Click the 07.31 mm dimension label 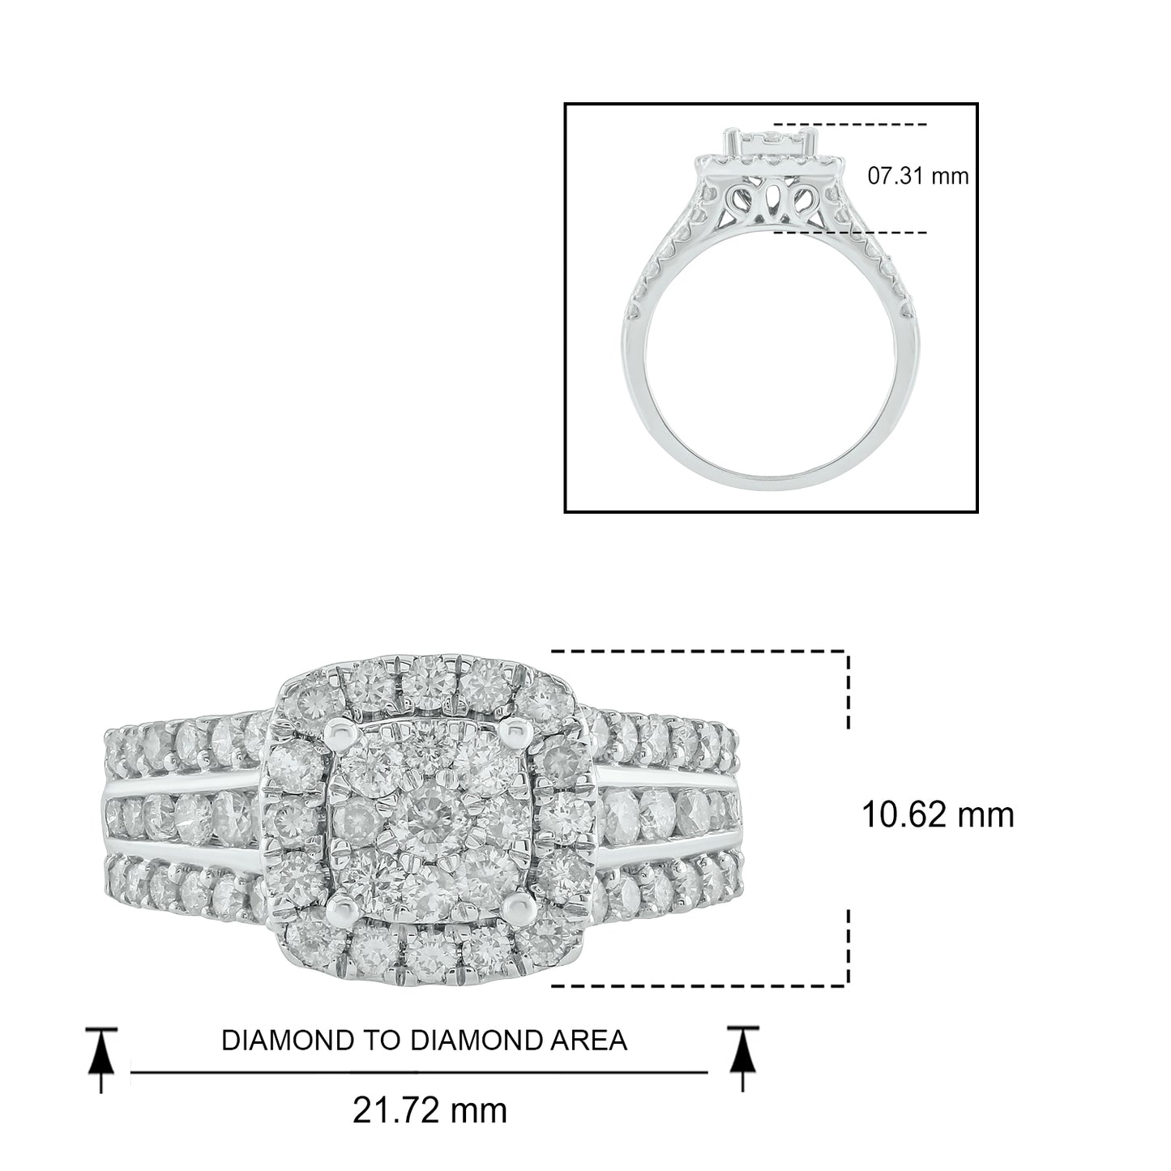[917, 176]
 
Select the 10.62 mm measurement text [938, 815]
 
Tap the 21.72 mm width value [430, 1111]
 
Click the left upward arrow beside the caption [100, 1060]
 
